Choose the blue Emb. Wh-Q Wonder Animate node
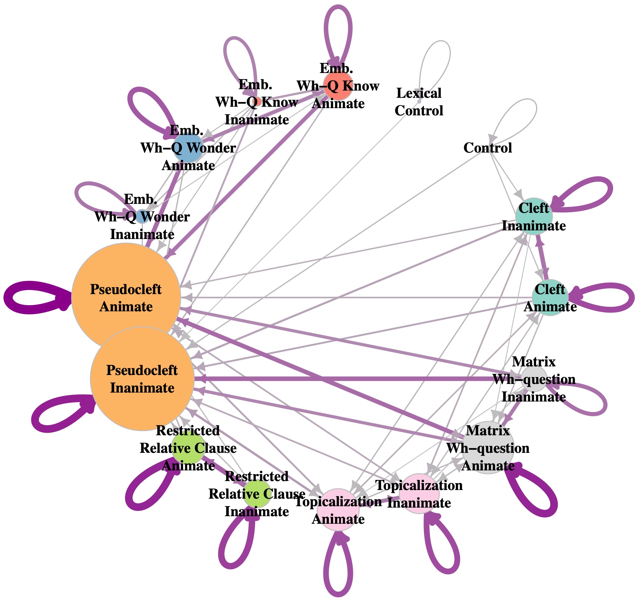(188, 148)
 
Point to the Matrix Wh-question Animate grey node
(488, 448)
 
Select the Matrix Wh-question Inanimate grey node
(534, 379)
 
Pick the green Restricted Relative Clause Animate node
(188, 448)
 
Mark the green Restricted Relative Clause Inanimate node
(257, 493)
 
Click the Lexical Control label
(419, 102)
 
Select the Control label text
(488, 148)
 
